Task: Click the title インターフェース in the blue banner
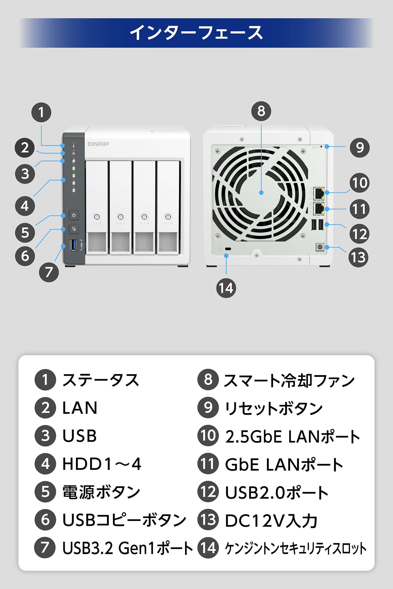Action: click(196, 33)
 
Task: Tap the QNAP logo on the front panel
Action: click(98, 144)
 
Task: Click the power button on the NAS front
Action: click(74, 215)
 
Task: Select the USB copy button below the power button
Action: click(74, 229)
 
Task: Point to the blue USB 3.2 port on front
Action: click(73, 245)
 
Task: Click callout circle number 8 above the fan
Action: click(261, 111)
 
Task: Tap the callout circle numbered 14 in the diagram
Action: click(226, 288)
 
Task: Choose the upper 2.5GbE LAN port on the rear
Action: click(319, 193)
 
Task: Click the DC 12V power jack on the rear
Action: click(320, 247)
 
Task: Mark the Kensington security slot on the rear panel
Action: click(228, 249)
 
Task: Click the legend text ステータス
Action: click(100, 380)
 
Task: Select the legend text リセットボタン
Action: click(273, 408)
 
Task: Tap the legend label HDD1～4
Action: click(102, 464)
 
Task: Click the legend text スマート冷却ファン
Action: click(289, 380)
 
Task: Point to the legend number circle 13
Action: click(208, 520)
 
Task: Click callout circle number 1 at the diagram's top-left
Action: click(41, 112)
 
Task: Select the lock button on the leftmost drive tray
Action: click(97, 217)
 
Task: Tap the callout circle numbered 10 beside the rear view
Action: click(359, 183)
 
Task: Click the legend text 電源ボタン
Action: click(101, 492)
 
